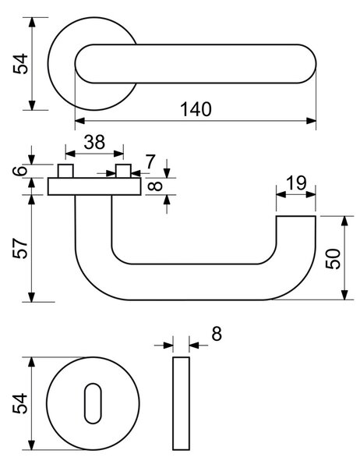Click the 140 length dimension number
point(196,109)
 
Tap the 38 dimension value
point(94,142)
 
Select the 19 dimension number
point(296,183)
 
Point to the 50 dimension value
point(333,259)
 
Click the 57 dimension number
point(20,248)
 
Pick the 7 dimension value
point(150,161)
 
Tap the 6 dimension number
point(20,171)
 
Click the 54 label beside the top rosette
point(20,64)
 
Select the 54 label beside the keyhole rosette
point(20,403)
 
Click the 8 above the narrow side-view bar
point(217,334)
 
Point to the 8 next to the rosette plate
point(155,186)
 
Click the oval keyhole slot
point(93,403)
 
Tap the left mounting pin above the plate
point(65,171)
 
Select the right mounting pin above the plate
point(123,171)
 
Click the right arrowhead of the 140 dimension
point(311,121)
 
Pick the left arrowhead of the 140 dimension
point(80,121)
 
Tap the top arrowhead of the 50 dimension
point(344,221)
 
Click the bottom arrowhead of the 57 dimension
point(32,297)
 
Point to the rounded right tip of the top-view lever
point(316,64)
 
